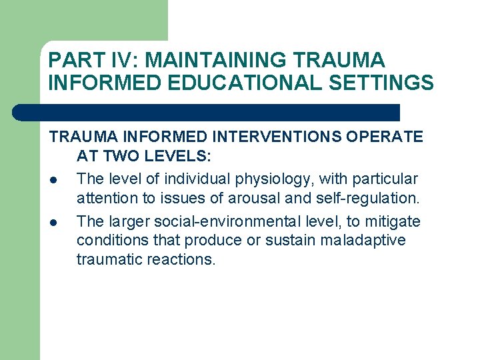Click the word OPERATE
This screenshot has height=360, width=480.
tap(385, 137)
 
